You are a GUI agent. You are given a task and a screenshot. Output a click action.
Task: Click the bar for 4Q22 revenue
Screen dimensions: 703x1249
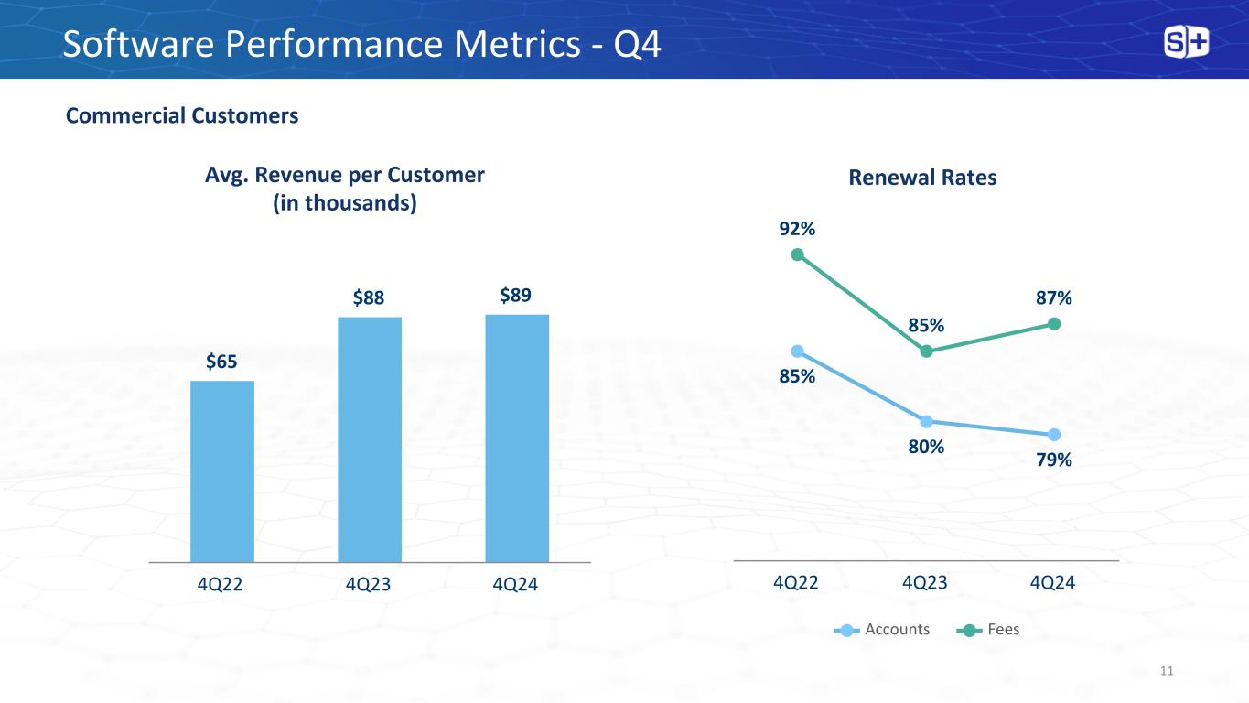tap(222, 470)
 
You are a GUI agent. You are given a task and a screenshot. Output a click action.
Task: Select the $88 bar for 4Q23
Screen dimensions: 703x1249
tap(370, 439)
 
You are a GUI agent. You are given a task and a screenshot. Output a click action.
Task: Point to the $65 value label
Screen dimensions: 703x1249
tap(221, 362)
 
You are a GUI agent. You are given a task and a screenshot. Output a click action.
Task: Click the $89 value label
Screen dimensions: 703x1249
tap(517, 295)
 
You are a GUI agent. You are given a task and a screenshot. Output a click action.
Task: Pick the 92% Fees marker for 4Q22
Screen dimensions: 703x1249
tap(797, 254)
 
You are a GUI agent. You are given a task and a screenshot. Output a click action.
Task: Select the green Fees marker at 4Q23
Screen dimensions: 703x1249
tap(926, 351)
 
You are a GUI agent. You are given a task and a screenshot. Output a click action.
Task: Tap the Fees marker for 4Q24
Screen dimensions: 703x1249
tap(1054, 323)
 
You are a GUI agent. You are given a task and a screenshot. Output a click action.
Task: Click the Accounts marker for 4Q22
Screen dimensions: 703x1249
tap(797, 351)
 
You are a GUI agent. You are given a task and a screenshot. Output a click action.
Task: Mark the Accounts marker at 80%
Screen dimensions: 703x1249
tap(926, 421)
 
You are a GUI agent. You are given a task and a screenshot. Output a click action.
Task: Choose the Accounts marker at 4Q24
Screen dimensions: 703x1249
tap(1054, 434)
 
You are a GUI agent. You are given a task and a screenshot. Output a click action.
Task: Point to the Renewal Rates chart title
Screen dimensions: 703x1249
tap(922, 178)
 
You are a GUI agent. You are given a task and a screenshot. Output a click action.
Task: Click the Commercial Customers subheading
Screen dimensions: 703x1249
tap(182, 115)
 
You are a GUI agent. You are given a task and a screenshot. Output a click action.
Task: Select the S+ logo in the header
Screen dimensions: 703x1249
tap(1186, 42)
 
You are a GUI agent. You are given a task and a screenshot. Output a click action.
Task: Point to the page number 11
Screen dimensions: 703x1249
tap(1166, 672)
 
